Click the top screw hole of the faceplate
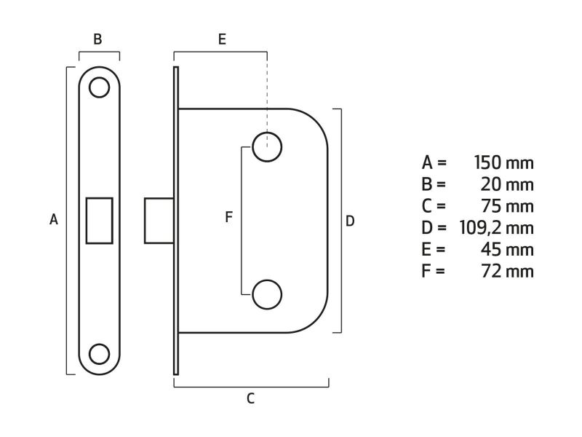[99, 87]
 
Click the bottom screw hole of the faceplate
[99, 353]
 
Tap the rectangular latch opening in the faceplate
[100, 220]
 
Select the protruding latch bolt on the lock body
[159, 220]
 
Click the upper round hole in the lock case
[267, 148]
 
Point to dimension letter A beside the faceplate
[53, 219]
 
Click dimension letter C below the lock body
[250, 398]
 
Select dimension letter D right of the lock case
[350, 221]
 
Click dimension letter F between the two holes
[228, 217]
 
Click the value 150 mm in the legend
[503, 162]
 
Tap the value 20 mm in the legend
[507, 184]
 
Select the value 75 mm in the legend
[507, 205]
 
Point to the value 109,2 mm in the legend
[497, 227]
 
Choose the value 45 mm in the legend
[507, 249]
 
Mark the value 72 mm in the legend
[507, 271]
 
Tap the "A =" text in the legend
[434, 162]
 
